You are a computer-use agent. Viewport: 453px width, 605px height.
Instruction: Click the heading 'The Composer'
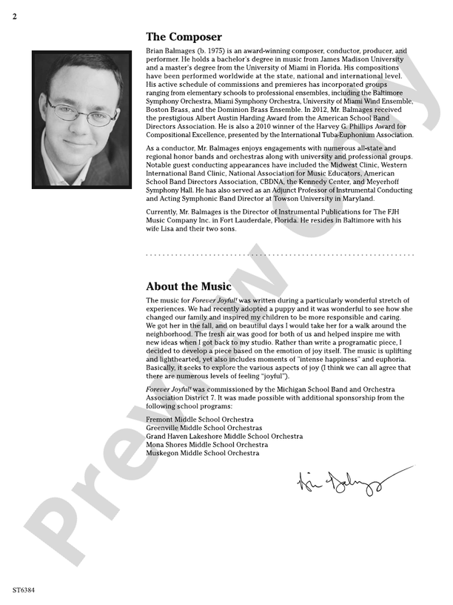(x=184, y=36)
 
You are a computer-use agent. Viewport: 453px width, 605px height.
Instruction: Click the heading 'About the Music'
(x=189, y=286)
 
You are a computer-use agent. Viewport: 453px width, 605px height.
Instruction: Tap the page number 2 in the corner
(x=15, y=17)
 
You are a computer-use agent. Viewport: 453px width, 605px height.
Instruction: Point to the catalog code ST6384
(x=24, y=590)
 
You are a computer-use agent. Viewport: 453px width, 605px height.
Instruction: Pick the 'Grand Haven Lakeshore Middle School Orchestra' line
(x=224, y=436)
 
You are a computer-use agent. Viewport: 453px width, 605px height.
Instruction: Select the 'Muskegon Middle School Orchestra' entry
(x=202, y=452)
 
